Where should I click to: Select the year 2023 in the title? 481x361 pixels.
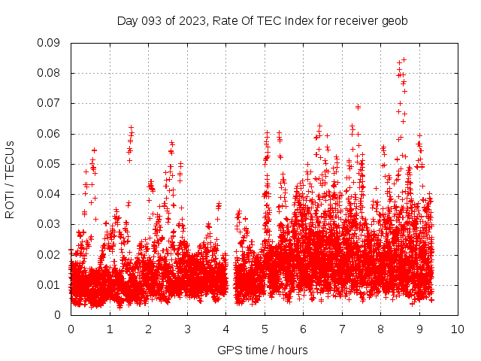(192, 21)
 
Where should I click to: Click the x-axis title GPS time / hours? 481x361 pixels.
(262, 350)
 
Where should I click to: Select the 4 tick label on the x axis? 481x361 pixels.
(225, 329)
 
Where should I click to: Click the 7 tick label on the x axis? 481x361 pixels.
(342, 329)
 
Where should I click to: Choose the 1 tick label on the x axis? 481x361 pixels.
(110, 329)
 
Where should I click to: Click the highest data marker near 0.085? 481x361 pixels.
(404, 59)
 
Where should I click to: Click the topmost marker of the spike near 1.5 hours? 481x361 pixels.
(131, 128)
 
